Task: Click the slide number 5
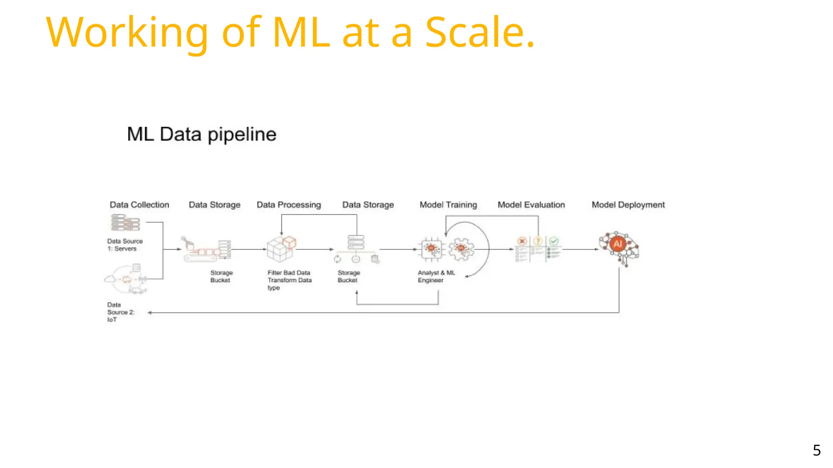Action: [816, 450]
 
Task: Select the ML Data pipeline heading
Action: [201, 134]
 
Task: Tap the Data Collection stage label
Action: [140, 205]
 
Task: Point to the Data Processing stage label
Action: [289, 205]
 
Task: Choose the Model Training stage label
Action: [448, 205]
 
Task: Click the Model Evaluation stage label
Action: [531, 205]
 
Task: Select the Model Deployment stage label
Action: [628, 205]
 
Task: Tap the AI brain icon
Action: [618, 246]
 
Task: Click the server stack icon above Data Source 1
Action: [125, 223]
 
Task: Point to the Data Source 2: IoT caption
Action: [120, 312]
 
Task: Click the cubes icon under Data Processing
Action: [281, 249]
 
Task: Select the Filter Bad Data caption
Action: [289, 273]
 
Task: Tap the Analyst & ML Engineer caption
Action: [436, 276]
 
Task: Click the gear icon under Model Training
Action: [461, 249]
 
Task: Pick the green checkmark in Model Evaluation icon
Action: [554, 241]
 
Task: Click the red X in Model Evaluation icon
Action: [522, 241]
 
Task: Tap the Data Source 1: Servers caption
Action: [124, 245]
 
